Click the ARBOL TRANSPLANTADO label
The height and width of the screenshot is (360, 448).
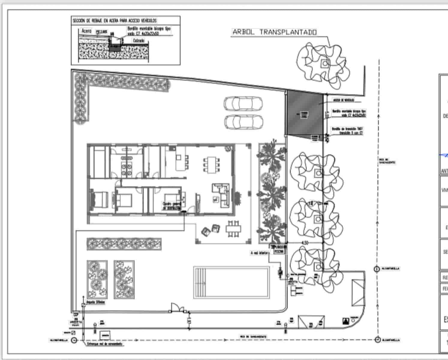point(274,32)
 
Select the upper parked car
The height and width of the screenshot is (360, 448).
point(243,104)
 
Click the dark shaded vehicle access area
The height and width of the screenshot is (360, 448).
point(304,113)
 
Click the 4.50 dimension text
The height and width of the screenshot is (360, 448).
point(305,242)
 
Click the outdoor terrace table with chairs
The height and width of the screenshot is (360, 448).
point(233,229)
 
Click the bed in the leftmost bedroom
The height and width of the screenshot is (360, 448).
point(99,199)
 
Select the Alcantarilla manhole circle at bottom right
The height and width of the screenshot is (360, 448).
point(378,340)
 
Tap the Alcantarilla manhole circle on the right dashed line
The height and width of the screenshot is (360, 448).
point(377,269)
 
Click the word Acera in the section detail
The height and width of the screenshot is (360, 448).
point(87,31)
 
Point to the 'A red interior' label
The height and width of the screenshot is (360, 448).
point(259,253)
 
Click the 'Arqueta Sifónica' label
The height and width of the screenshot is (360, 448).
point(95,302)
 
